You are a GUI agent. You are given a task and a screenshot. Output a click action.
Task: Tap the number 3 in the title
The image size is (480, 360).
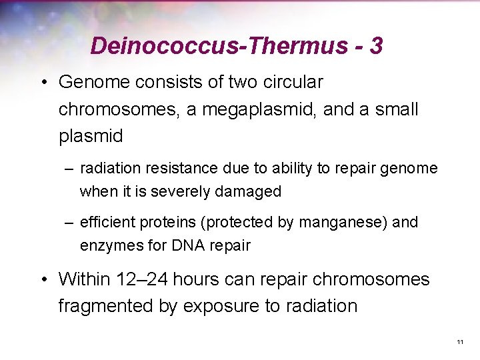click(x=376, y=46)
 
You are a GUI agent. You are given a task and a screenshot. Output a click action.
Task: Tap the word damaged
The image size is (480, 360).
click(x=249, y=191)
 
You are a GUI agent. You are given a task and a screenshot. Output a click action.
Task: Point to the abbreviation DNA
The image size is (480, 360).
click(x=189, y=245)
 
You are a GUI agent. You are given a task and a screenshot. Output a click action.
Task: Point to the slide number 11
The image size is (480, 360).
click(x=460, y=342)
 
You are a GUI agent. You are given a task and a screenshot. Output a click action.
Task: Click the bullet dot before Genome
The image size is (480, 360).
click(x=43, y=83)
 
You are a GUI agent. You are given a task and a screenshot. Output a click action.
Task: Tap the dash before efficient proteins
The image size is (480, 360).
click(x=68, y=223)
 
